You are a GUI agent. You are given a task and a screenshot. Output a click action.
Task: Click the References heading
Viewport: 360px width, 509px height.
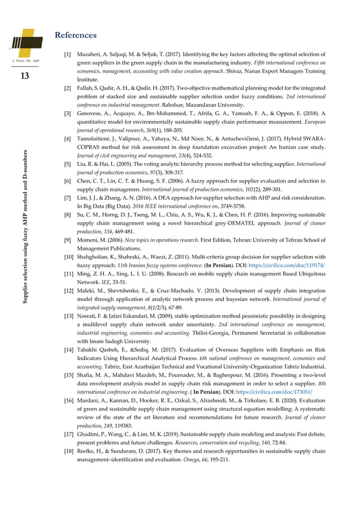point(75,36)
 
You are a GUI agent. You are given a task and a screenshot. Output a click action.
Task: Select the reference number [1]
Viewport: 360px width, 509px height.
point(67,56)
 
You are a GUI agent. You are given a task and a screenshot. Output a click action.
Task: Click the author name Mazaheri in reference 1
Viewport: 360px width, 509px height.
point(90,56)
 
